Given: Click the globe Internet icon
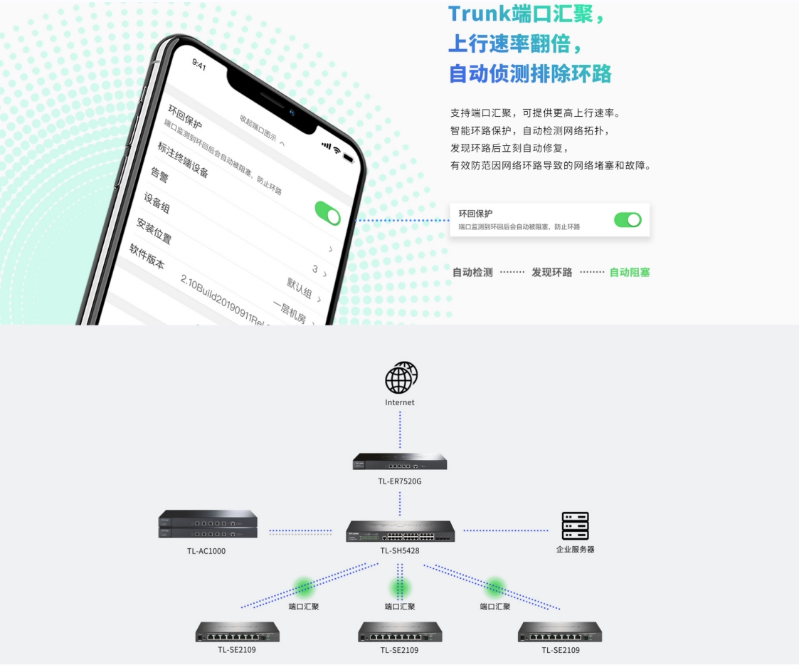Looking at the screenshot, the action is [401, 377].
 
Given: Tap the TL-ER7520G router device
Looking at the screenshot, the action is [400, 461].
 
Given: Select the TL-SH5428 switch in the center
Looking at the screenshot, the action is [400, 531].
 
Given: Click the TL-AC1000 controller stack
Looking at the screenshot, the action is [208, 524].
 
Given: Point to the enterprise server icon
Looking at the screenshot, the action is [575, 525].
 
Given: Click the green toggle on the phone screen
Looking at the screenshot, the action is [327, 212].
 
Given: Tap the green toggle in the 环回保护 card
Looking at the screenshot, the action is [628, 220].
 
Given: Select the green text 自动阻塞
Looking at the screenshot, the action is [630, 272].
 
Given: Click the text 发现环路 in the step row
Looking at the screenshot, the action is [551, 272].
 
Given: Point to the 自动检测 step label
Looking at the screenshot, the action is [472, 272].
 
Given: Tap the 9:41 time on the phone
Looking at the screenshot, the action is [199, 64].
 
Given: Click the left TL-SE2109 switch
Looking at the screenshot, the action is [238, 632].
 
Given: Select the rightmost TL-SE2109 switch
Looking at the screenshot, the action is [560, 632].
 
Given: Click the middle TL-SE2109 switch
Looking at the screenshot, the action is [400, 632].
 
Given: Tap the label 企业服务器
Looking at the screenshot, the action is [575, 550].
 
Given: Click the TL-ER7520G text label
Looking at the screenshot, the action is [400, 481].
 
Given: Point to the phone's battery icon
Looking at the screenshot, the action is [348, 156].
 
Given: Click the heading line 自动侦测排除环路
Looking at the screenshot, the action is [530, 73].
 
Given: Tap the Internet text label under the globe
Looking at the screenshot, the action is [400, 402].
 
